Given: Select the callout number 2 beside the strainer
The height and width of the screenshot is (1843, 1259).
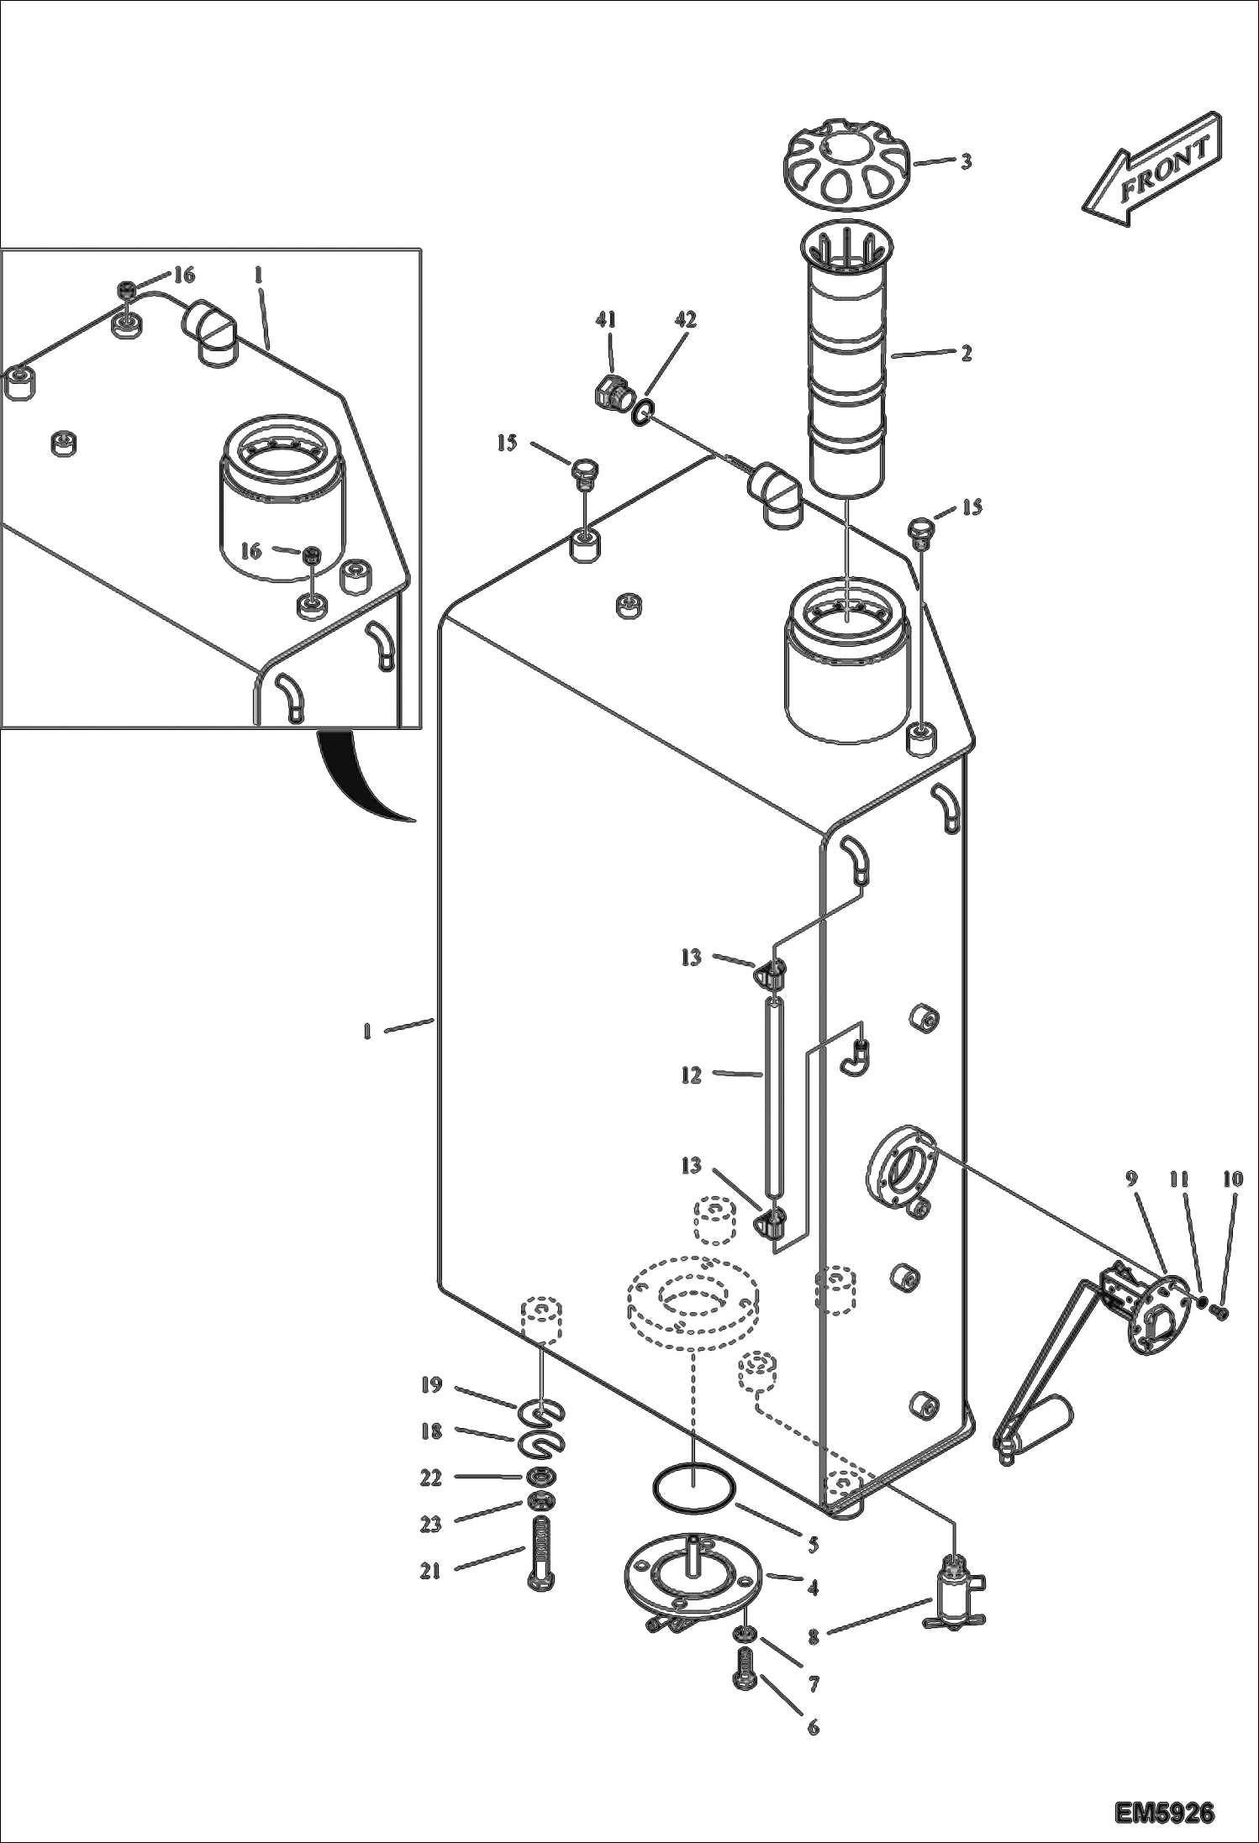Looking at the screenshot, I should [966, 353].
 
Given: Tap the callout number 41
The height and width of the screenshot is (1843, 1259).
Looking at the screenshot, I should [606, 320].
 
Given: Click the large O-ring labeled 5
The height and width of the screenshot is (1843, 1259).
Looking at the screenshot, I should [694, 1489].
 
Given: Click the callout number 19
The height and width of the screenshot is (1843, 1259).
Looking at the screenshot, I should [431, 1385].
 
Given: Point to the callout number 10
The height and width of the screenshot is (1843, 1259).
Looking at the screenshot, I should [1231, 1179].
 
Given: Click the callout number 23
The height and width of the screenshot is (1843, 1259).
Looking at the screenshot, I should [430, 1525].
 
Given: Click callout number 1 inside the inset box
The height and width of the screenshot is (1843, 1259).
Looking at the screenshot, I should [260, 275].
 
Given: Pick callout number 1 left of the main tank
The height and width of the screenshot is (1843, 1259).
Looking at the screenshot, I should [367, 1032].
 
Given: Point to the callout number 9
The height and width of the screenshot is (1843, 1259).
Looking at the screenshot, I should [1132, 1179].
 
